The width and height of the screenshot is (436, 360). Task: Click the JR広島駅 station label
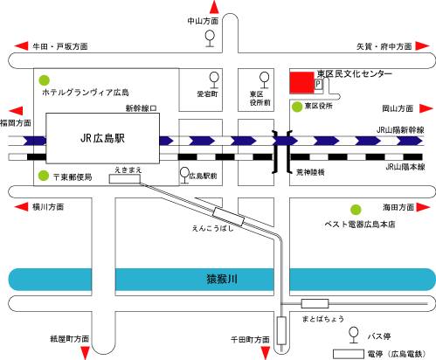point(102,138)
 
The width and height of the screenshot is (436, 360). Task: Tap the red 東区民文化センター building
point(301,83)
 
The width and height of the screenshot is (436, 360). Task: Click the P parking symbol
point(318,84)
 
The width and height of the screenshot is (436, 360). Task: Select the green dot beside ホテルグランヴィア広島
point(45,80)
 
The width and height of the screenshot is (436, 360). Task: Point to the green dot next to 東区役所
point(297,107)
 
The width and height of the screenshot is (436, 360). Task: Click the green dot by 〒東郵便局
point(44,176)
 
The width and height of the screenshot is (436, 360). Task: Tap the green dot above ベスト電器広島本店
point(356,210)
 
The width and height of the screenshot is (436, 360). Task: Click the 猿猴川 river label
point(222,279)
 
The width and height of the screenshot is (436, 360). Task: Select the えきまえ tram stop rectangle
point(125,179)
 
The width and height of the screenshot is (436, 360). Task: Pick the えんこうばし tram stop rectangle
point(228,217)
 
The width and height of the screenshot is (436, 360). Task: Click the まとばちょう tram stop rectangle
point(315,303)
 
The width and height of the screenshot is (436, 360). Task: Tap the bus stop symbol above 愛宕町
point(214,80)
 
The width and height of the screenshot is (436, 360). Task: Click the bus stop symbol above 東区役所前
point(265,80)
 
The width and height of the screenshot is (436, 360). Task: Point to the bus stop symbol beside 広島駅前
point(184,176)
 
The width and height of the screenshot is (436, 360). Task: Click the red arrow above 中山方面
point(214,7)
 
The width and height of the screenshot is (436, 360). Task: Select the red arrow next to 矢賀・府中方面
point(422,46)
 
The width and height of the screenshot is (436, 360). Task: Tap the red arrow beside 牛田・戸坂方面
point(21,46)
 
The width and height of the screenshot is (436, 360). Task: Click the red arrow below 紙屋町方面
point(85,353)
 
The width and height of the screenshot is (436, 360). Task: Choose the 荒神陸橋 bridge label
point(310,172)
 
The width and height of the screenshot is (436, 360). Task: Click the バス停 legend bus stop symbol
point(354,336)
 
